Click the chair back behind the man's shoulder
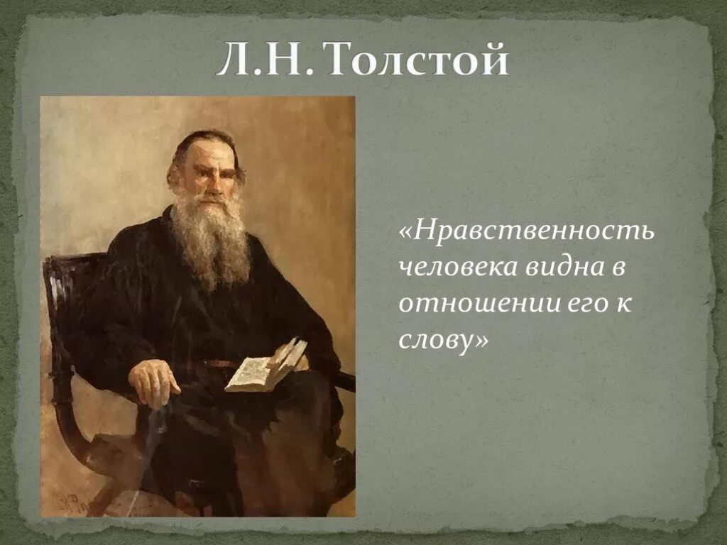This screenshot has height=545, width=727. [64, 284]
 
